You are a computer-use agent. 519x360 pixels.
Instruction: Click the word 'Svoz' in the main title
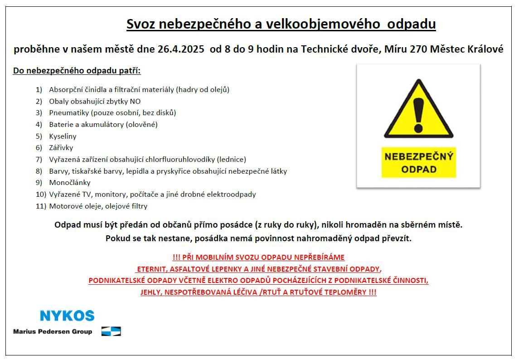tap(141, 24)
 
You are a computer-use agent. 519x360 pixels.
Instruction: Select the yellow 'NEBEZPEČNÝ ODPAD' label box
tap(418, 163)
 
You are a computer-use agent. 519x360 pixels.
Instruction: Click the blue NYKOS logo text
tap(67, 316)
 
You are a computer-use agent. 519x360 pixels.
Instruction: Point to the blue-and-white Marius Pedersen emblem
tap(111, 331)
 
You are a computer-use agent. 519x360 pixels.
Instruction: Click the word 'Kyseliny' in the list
tap(63, 136)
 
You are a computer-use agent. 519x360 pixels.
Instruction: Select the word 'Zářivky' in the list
tap(61, 148)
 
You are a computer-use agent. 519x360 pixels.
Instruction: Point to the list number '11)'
tap(41, 206)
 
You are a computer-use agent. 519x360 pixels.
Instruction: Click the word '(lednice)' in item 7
tap(231, 160)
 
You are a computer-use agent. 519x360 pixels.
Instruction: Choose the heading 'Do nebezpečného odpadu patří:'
tap(77, 71)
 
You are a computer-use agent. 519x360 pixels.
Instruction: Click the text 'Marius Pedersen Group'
tap(53, 331)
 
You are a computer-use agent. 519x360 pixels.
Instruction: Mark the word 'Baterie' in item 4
tap(61, 125)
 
